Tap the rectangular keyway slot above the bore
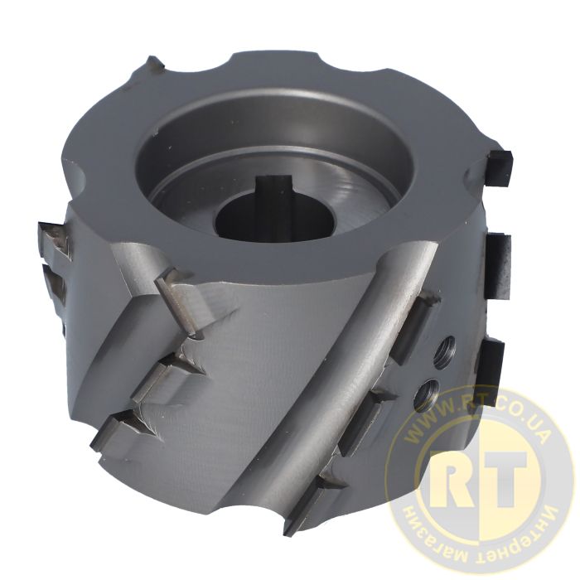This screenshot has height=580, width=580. [273, 184]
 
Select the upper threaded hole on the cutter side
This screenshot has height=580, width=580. [445, 348]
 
